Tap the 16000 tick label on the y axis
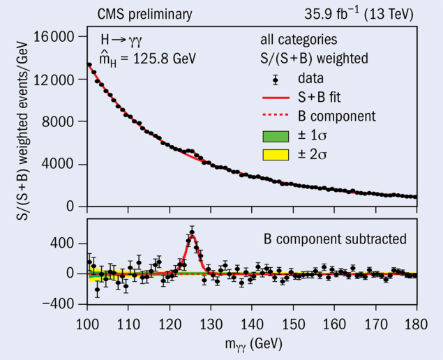pos(57,38)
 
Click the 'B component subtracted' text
pos(335,239)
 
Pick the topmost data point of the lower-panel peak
pos(192,232)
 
